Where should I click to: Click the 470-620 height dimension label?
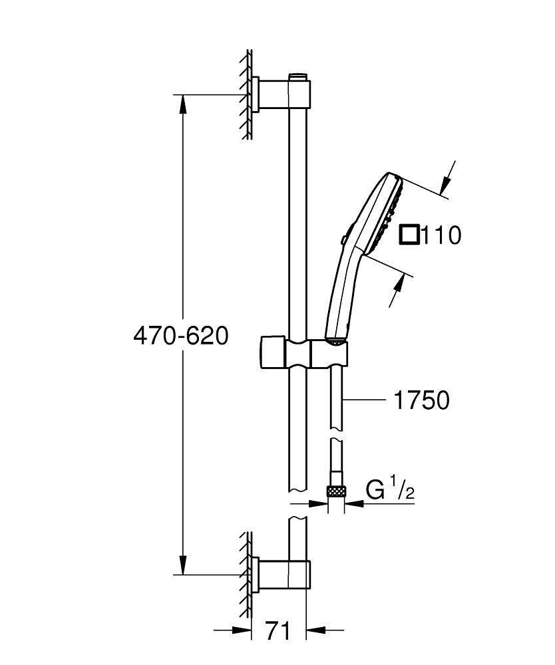pyautogui.click(x=180, y=335)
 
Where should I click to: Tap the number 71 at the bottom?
pyautogui.click(x=277, y=630)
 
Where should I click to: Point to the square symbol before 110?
pyautogui.click(x=410, y=235)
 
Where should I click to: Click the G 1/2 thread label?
pyautogui.click(x=391, y=491)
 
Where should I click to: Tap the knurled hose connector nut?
pyautogui.click(x=336, y=491)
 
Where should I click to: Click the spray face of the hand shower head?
pyautogui.click(x=391, y=213)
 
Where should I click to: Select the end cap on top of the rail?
pyautogui.click(x=299, y=75)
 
